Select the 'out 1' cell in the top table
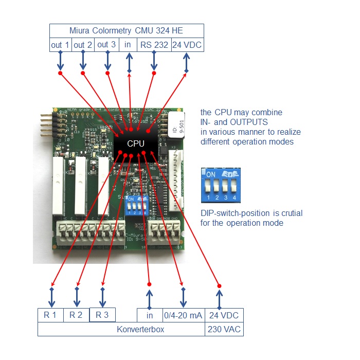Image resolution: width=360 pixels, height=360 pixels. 60,45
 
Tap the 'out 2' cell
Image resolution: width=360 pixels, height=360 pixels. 83,45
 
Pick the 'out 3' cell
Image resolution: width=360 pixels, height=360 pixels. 106,45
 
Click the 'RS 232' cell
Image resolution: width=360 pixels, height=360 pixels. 154,45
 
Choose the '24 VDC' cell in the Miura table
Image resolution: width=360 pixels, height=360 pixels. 187,45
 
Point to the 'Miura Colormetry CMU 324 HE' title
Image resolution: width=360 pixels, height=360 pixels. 127,30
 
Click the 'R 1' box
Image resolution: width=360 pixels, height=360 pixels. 50,315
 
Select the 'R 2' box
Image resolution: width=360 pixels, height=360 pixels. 76,315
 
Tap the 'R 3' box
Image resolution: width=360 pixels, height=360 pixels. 102,315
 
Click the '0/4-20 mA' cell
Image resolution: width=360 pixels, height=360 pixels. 183,315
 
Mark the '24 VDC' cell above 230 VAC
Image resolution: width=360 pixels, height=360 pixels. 224,315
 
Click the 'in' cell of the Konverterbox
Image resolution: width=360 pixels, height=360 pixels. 150,315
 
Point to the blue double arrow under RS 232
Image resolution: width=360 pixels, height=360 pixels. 154,61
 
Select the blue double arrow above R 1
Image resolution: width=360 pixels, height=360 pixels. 51,297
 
